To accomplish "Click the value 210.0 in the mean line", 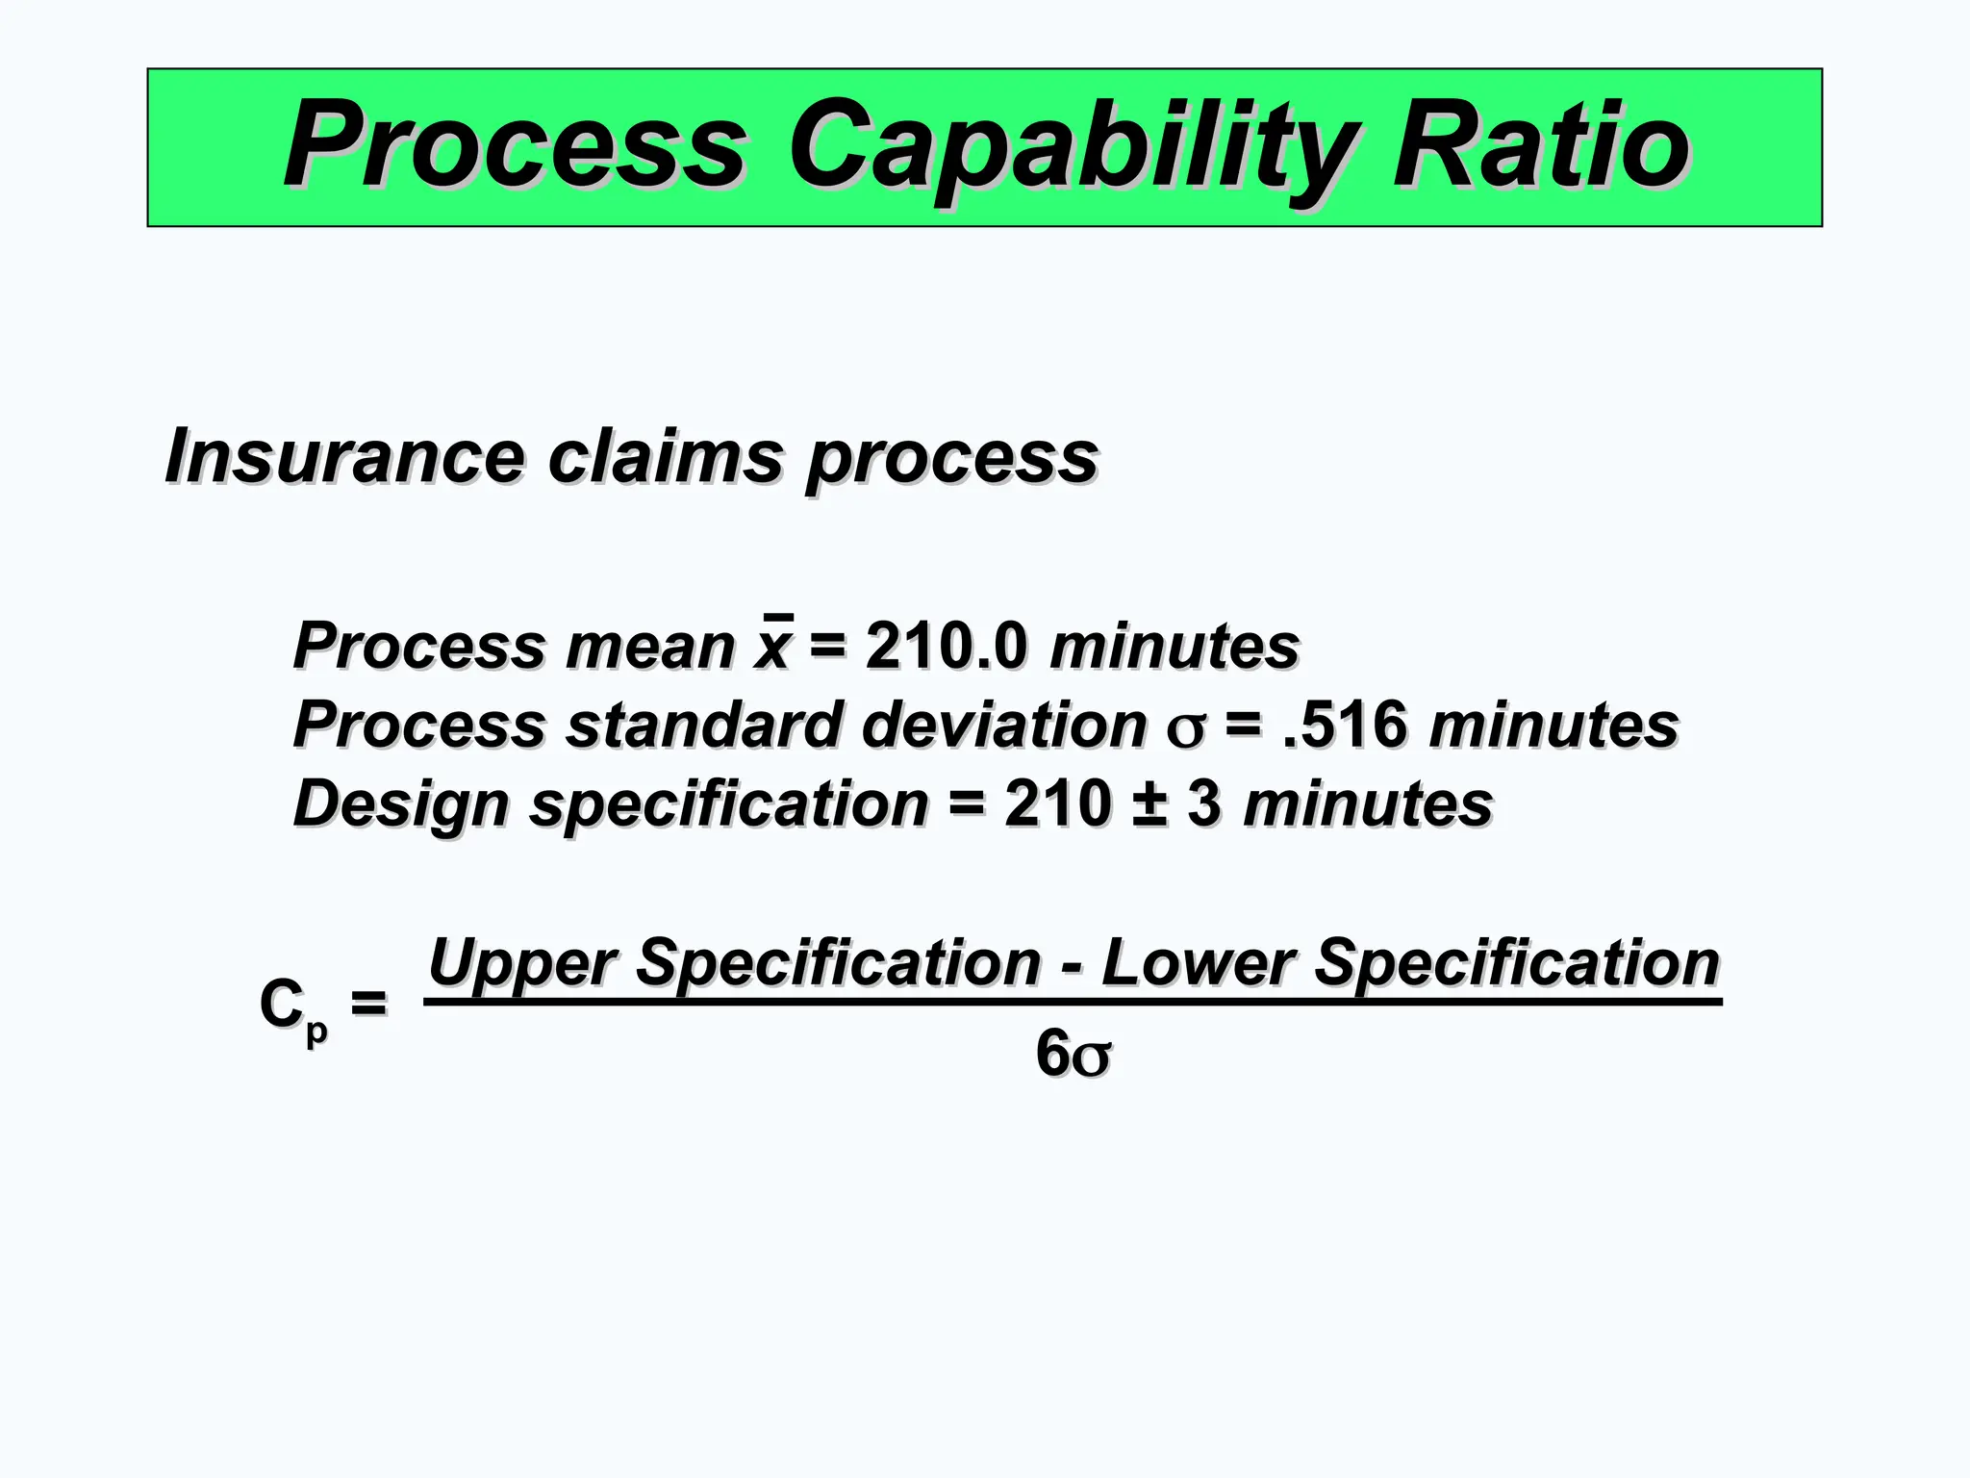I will tap(947, 645).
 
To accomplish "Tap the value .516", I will tap(1345, 725).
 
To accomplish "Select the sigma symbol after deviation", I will tap(1185, 729).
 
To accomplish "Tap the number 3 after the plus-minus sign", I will tap(1203, 803).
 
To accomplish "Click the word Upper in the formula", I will tap(520, 962).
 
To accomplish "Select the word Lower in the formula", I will tap(1197, 962).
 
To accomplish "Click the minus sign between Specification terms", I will tap(1071, 965).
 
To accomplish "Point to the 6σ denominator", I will tap(1073, 1054).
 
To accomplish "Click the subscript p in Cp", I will tap(316, 1031).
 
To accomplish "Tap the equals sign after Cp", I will tap(368, 1004).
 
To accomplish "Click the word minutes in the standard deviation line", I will tap(1553, 725).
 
